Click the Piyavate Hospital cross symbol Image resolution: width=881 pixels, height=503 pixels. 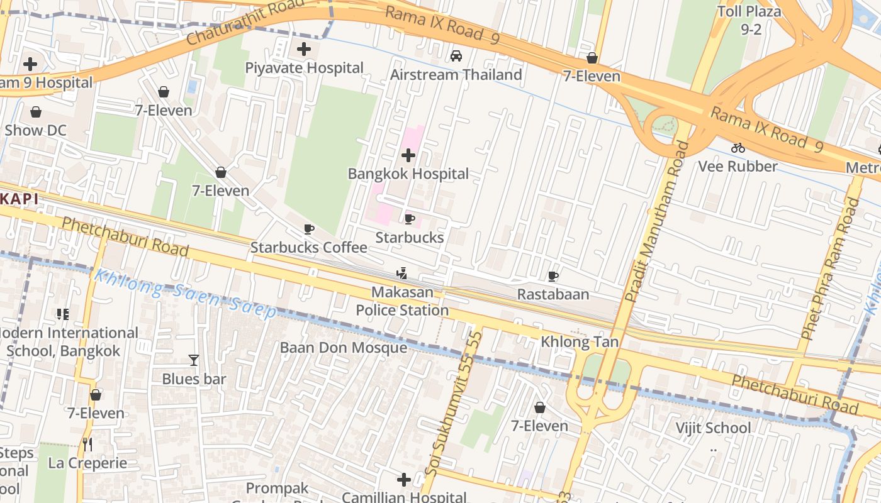pos(304,48)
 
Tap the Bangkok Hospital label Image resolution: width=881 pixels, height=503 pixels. pos(408,174)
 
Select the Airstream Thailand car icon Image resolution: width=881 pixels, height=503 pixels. pos(456,56)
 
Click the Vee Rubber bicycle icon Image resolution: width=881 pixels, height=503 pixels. pos(738,148)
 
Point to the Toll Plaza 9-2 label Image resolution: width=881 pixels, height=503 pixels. pos(749,19)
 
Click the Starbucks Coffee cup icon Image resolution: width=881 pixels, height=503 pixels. pos(308,229)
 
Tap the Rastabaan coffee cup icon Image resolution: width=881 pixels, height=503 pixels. pos(553,276)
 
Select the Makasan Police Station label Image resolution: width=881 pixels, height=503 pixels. pos(402,301)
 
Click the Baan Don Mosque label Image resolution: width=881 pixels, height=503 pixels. pos(343,348)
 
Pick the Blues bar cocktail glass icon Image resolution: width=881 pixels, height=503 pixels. pos(194,360)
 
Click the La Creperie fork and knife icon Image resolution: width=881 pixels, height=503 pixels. pos(87,445)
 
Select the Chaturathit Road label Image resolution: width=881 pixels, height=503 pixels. pos(242,23)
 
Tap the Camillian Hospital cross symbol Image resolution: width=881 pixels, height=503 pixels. pos(404,480)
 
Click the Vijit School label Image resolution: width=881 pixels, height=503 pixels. pos(713,428)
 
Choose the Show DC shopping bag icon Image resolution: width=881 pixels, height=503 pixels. pos(36,112)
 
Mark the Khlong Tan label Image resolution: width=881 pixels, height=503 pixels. pos(580,343)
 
